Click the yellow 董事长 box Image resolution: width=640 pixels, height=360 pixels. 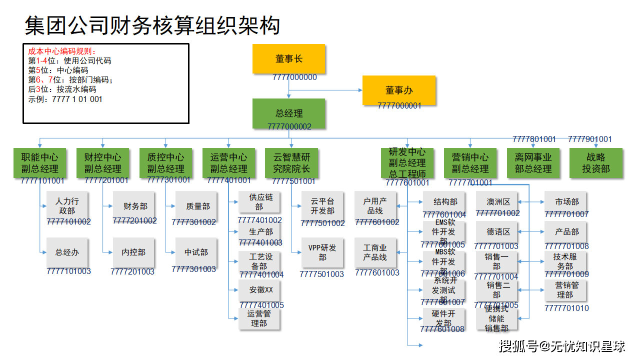(x=288, y=58)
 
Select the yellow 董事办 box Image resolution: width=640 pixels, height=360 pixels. (x=399, y=90)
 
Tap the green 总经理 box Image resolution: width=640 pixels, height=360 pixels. (x=288, y=113)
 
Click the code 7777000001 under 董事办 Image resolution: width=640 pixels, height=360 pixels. (x=399, y=105)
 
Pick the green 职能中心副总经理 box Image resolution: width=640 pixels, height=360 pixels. (x=39, y=163)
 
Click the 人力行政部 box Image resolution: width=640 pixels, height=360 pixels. (x=66, y=205)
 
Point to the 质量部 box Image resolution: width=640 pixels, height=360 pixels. (x=198, y=206)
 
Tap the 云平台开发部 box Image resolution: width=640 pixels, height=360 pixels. (x=322, y=206)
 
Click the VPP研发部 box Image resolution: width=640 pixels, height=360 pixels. (x=322, y=252)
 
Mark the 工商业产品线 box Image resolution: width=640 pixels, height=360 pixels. (x=375, y=252)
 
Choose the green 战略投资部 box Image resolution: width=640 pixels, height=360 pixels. (x=596, y=163)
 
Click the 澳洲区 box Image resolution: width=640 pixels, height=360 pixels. (x=498, y=202)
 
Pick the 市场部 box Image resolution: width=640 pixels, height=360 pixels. (x=566, y=202)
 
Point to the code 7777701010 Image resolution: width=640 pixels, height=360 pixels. (x=566, y=308)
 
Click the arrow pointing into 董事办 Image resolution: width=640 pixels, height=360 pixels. (x=359, y=90)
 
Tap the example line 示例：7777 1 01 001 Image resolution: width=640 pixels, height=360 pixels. (x=65, y=99)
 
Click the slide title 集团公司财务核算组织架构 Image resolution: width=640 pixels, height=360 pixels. (x=152, y=25)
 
